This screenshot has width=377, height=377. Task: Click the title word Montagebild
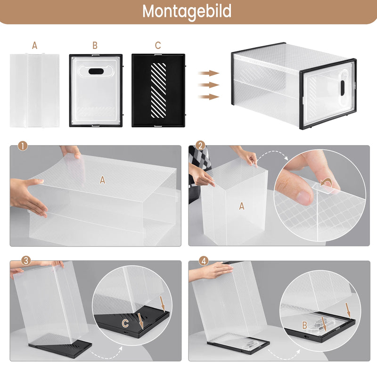click(x=187, y=11)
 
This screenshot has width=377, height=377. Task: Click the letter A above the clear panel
click(x=34, y=46)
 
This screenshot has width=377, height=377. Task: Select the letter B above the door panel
click(x=95, y=46)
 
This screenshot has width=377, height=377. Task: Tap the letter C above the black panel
click(x=158, y=46)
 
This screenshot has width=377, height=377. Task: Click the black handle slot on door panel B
click(x=96, y=72)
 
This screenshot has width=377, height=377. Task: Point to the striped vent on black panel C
click(x=158, y=88)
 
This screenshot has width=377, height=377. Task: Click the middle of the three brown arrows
click(x=208, y=85)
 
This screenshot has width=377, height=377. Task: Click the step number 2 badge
click(x=200, y=146)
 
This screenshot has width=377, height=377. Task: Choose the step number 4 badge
click(x=204, y=261)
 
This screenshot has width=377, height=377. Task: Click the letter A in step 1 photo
click(x=102, y=179)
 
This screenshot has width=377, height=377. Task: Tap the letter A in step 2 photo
click(x=242, y=206)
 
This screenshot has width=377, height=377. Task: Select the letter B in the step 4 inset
click(x=305, y=325)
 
